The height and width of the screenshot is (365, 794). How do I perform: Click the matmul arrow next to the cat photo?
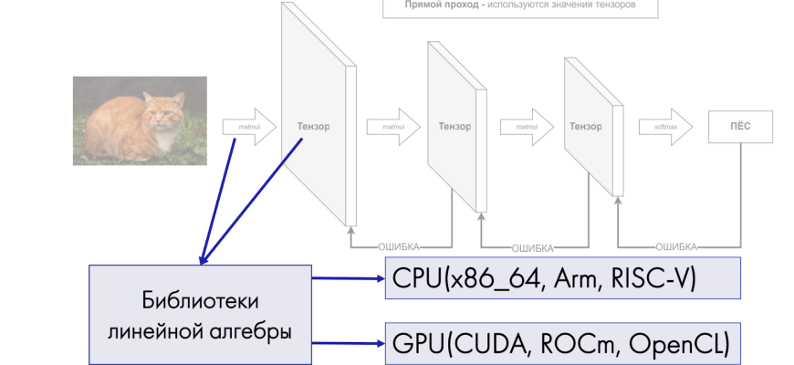pyautogui.click(x=249, y=128)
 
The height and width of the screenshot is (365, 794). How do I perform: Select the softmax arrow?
pyautogui.click(x=664, y=127)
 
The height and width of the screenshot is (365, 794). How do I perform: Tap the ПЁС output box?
pyautogui.click(x=740, y=127)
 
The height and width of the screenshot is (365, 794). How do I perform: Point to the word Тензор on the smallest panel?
pyautogui.click(x=585, y=127)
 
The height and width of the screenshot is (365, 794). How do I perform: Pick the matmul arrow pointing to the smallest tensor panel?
pyautogui.click(x=528, y=127)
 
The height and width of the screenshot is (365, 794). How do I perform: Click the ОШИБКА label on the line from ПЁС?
pyautogui.click(x=676, y=246)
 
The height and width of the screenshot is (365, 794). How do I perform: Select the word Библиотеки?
pyautogui.click(x=200, y=300)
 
